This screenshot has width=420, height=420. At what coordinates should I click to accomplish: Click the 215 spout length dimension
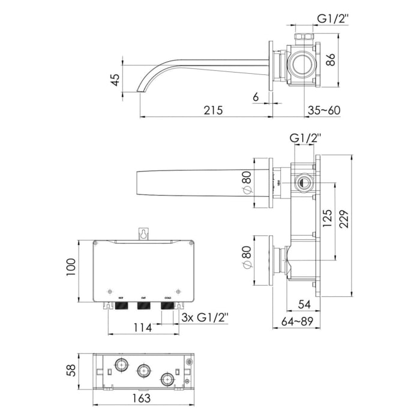[214, 110]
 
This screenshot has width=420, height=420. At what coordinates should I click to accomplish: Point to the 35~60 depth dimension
[323, 110]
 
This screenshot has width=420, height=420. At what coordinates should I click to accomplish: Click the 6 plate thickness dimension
[256, 96]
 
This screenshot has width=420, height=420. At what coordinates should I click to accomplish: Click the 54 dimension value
[305, 305]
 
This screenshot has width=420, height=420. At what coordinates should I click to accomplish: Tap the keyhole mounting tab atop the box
[143, 234]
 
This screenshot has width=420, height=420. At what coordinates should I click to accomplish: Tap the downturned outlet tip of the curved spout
[141, 89]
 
